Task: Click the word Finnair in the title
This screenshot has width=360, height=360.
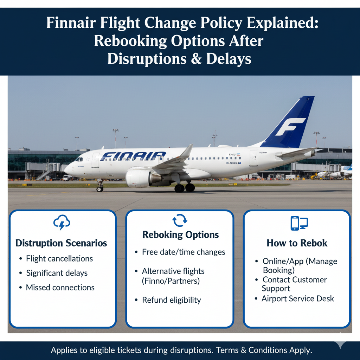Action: pos(71,23)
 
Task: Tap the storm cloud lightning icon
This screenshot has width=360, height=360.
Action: pos(62,222)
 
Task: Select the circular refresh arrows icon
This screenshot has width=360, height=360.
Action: pos(180,220)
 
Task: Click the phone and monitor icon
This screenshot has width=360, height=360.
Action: pos(299,223)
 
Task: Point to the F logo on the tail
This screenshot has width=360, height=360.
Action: pos(290,127)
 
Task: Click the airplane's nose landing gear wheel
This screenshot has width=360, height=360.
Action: pos(100,189)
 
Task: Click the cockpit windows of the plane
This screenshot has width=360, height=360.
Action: pos(79,159)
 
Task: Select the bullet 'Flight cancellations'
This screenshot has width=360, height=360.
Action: pos(59,259)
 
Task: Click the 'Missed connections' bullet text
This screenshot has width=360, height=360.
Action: pos(60,288)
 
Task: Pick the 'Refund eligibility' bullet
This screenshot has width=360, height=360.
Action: pos(172,300)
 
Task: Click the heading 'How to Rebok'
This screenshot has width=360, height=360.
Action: pos(297,243)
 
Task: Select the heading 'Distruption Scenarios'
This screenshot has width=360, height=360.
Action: pos(61,243)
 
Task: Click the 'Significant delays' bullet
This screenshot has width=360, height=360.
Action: pos(57,273)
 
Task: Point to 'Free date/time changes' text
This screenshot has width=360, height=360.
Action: pos(184,252)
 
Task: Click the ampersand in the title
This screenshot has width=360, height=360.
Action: pos(196,59)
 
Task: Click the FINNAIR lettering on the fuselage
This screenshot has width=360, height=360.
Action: pos(133,156)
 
